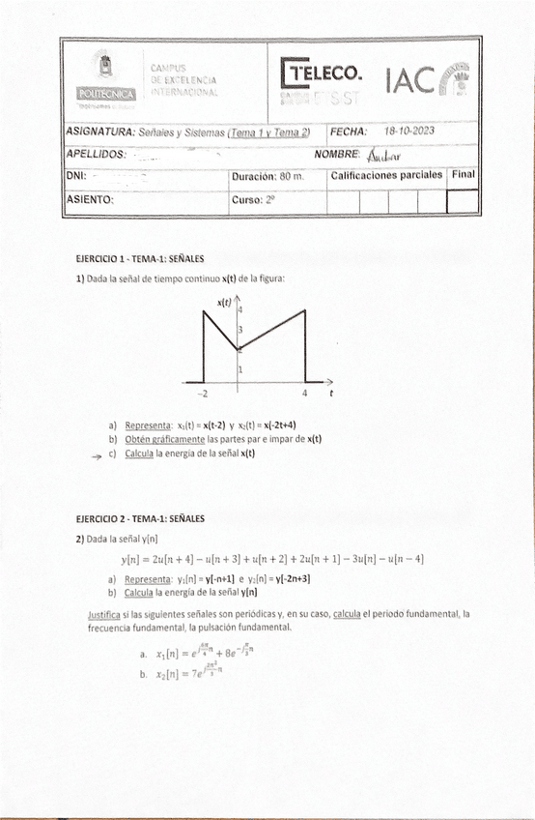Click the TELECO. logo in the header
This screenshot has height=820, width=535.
tap(324, 73)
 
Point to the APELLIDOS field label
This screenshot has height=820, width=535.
tap(96, 155)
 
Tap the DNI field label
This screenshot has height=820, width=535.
tap(76, 177)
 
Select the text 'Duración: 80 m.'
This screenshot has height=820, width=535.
tap(267, 177)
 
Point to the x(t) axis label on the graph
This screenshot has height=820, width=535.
tap(224, 302)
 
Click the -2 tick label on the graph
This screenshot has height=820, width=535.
tap(202, 394)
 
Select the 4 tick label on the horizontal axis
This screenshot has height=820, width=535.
tap(305, 394)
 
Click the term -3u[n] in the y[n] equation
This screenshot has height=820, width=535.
tap(374, 558)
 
